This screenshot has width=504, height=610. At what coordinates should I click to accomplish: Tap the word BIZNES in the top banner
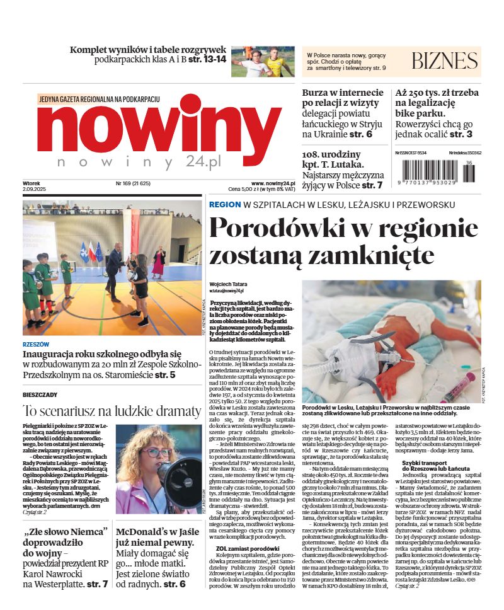pyautogui.click(x=444, y=61)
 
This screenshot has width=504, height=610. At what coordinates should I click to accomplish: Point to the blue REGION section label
pyautogui.click(x=224, y=205)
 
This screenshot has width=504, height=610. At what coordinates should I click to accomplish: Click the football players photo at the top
pyautogui.click(x=263, y=62)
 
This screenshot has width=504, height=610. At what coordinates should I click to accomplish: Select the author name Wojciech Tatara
pyautogui.click(x=229, y=284)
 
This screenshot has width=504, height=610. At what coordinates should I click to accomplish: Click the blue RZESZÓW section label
pyautogui.click(x=35, y=345)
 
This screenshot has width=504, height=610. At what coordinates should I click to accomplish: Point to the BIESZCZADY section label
pyautogui.click(x=40, y=394)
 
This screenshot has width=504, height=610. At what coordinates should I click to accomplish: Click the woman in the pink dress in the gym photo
pyautogui.click(x=159, y=261)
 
